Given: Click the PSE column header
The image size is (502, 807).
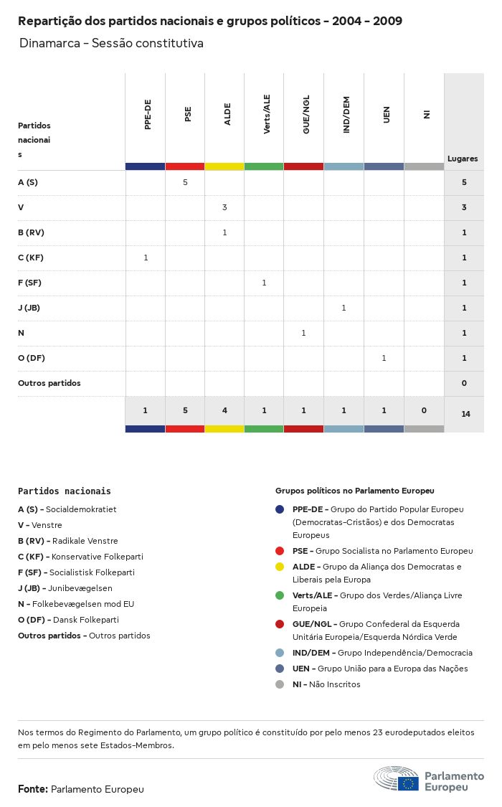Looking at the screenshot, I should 188,115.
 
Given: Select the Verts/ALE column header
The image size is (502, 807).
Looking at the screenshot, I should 267,115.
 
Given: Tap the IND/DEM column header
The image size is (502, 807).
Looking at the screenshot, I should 346,115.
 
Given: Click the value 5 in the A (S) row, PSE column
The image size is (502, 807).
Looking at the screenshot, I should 185,182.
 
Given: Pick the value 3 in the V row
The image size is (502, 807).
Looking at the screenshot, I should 224,207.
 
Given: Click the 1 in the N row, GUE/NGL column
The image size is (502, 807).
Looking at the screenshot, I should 303,333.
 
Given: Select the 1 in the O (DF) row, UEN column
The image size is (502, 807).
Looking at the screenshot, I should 384,358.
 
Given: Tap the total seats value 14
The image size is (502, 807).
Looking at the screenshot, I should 465,414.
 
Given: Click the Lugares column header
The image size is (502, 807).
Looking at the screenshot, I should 463,159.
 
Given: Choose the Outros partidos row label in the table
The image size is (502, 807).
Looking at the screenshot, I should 49,383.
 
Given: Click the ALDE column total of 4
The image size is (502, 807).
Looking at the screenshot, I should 224,410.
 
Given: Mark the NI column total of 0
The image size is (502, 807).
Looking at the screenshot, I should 424,410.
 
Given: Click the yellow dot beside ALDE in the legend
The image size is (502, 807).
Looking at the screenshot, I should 280,567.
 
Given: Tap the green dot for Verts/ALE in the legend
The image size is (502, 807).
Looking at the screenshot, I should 280,595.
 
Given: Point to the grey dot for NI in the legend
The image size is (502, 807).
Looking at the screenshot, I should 280,684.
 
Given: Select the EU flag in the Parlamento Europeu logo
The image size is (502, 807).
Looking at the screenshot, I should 409,783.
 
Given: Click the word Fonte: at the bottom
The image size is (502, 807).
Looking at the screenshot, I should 33,789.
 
